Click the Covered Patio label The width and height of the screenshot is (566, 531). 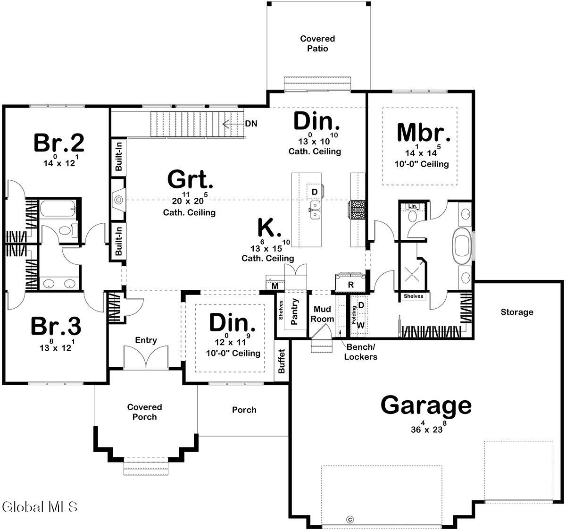pos(317,43)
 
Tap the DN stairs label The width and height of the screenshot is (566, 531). pos(251,124)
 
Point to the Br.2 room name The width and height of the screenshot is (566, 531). pos(59,143)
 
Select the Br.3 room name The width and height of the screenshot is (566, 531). pos(56,326)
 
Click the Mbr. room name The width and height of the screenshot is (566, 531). pos(424,132)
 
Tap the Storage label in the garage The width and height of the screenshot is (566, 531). pos(517,312)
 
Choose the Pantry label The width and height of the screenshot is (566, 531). pos(295,312)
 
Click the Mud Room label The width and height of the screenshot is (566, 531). pos(322,314)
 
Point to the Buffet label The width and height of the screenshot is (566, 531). pos(282,361)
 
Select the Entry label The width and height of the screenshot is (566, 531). pos(146,340)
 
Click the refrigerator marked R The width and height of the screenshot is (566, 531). pos(350,282)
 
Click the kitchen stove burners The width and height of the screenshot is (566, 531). pos(356,210)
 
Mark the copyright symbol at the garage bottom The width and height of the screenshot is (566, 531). pos(350,519)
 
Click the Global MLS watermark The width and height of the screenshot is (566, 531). pos(40,507)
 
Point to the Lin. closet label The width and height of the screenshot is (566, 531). pos(412,206)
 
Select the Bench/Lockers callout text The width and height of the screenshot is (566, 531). pos(360,352)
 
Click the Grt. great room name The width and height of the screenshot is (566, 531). pos(190,179)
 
